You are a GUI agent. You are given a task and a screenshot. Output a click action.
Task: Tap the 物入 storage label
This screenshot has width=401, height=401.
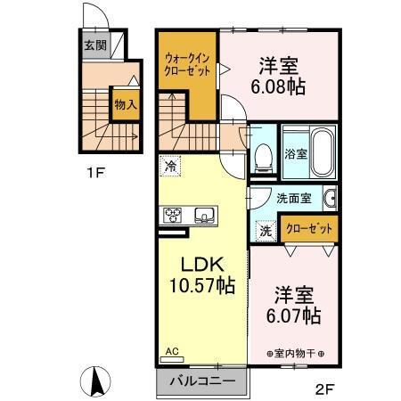pyautogui.click(x=124, y=102)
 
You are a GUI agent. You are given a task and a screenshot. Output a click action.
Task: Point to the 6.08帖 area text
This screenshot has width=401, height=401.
pyautogui.click(x=280, y=86)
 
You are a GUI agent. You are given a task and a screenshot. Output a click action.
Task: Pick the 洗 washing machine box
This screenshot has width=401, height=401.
pyautogui.click(x=265, y=230)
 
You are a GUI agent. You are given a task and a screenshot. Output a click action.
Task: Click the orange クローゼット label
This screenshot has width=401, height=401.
pyautogui.click(x=309, y=229)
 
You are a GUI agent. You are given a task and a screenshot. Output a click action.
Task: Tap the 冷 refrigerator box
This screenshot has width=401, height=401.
pyautogui.click(x=169, y=166)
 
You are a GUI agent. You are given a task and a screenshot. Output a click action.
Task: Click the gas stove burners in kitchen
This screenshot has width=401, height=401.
pyautogui.click(x=172, y=215)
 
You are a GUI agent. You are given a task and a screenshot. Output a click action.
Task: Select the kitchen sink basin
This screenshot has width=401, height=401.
pyautogui.click(x=203, y=215)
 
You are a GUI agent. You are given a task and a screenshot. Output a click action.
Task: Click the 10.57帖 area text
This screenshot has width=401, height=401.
pyautogui.click(x=201, y=287)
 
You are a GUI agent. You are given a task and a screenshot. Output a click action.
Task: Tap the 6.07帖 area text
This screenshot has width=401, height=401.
pyautogui.click(x=292, y=315)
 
